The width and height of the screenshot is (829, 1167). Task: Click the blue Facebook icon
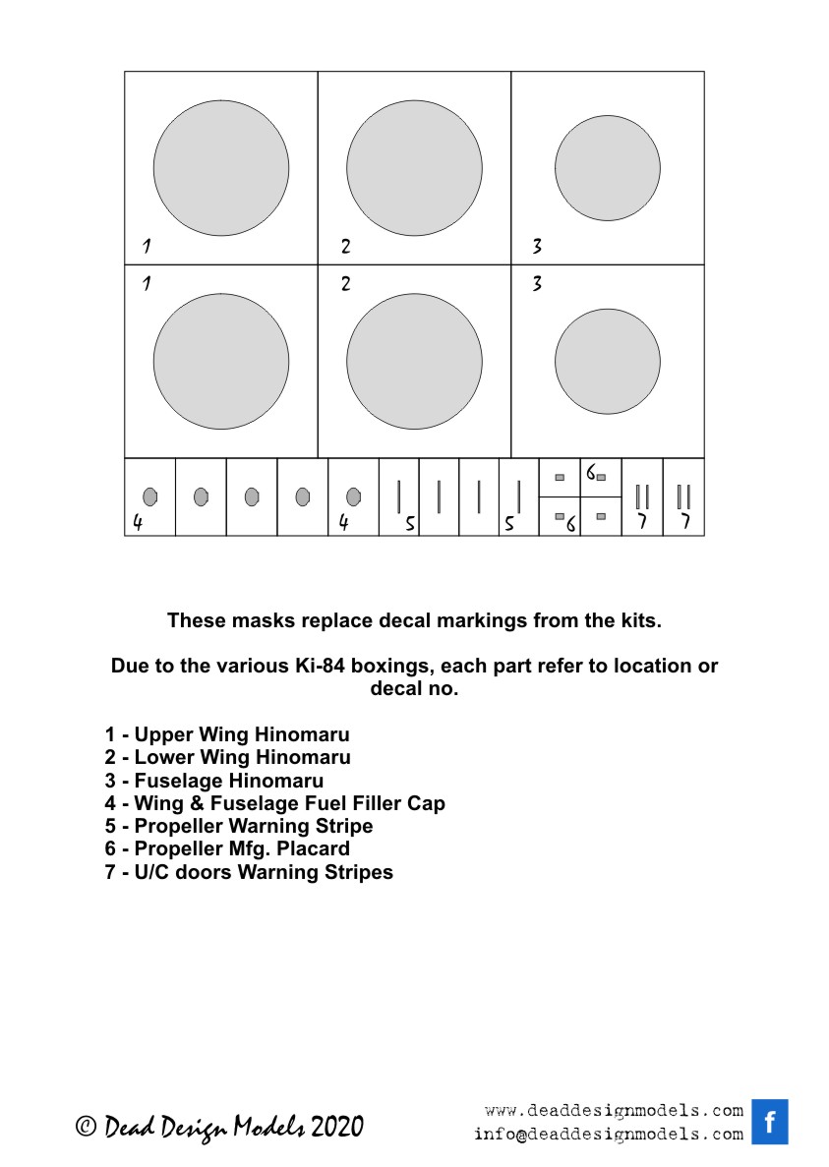[769, 1122]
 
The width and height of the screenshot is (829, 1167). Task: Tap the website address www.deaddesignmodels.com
[614, 1111]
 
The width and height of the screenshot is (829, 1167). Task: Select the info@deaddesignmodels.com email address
[608, 1134]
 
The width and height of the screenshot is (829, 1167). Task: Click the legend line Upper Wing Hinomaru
[227, 734]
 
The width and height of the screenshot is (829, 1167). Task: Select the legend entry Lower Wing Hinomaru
[227, 757]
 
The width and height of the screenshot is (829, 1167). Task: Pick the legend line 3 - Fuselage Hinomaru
[214, 781]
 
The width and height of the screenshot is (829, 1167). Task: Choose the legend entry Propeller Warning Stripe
[239, 826]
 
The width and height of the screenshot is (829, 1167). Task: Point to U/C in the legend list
[151, 872]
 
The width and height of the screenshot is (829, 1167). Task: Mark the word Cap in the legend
[426, 803]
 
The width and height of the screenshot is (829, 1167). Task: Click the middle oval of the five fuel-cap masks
[252, 497]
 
